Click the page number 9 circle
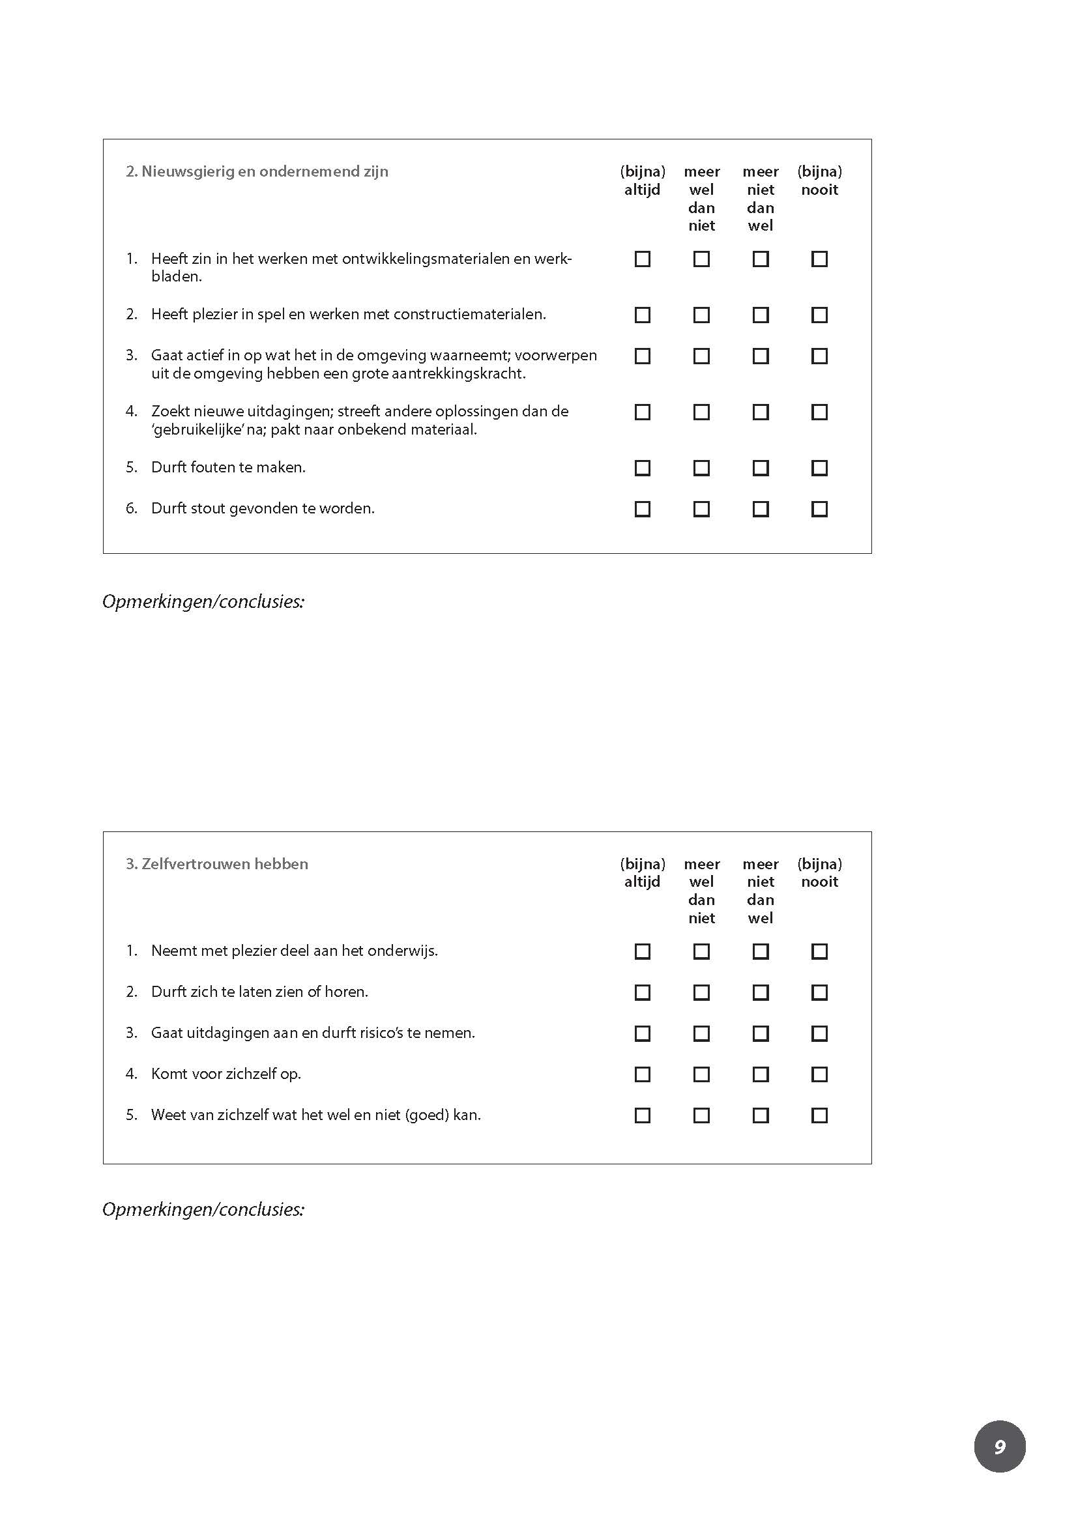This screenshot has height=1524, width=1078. click(x=999, y=1446)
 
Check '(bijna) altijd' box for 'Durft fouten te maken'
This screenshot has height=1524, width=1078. click(x=642, y=468)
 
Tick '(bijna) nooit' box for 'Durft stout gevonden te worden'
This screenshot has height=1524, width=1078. click(x=819, y=509)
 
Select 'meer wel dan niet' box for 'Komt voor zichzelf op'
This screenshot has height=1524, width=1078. click(x=701, y=1074)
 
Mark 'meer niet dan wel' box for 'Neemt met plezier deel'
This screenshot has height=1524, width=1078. click(x=760, y=951)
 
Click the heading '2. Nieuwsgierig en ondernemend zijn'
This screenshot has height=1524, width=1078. click(x=257, y=171)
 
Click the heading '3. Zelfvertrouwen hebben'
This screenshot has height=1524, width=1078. click(x=217, y=863)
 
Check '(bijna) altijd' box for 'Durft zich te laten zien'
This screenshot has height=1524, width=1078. click(x=642, y=992)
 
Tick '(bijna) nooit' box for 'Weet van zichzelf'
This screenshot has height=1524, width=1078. click(x=819, y=1115)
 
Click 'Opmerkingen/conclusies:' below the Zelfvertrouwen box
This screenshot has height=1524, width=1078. click(x=203, y=1209)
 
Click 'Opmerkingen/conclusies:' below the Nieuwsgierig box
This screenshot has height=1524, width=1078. click(x=203, y=601)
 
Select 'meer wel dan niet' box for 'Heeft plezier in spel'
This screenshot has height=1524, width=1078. click(x=701, y=315)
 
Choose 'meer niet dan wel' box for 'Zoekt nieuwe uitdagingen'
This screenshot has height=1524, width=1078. click(x=760, y=412)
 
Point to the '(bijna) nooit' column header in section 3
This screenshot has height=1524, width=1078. click(x=819, y=872)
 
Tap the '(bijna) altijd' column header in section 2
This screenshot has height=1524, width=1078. click(x=642, y=180)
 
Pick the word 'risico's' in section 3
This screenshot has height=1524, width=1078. click(x=376, y=1033)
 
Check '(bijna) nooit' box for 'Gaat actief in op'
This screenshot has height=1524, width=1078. click(x=819, y=356)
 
